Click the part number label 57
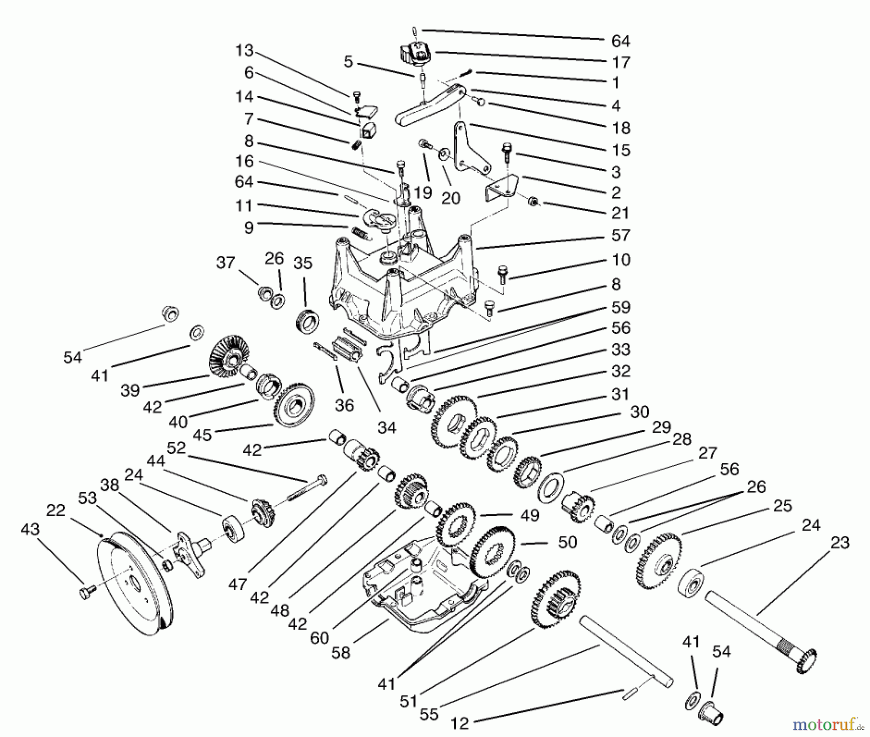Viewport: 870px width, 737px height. [x=620, y=236]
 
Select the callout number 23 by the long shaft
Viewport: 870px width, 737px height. [x=840, y=543]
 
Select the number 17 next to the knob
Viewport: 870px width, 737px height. [x=621, y=62]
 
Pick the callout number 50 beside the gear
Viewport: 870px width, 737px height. [x=567, y=542]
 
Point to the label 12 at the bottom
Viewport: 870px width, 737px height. [x=460, y=723]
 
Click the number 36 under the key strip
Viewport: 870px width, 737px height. [x=344, y=405]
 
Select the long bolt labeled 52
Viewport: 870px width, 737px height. [x=307, y=488]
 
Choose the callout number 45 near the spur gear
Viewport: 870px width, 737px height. [x=202, y=435]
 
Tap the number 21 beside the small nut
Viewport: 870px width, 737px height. [x=620, y=213]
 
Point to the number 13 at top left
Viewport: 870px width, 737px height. [x=245, y=50]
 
